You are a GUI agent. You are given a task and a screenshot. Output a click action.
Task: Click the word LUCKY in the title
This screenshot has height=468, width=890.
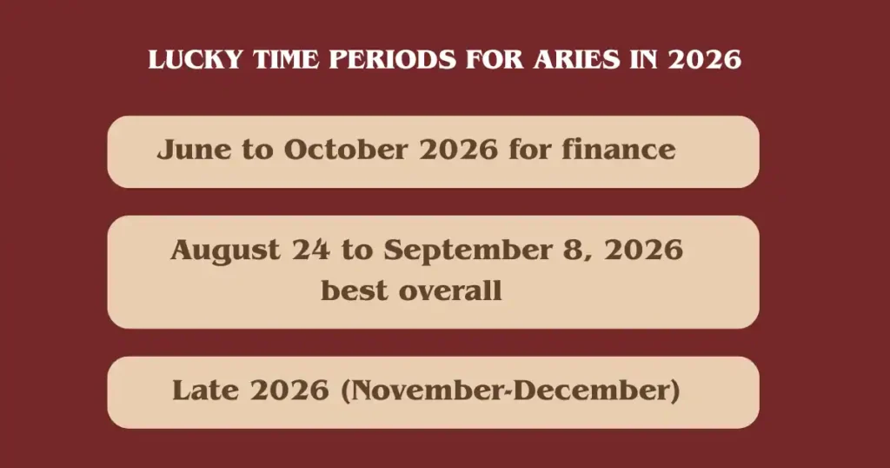click(x=196, y=60)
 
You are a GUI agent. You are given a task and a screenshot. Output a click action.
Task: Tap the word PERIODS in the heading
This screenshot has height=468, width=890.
click(x=392, y=60)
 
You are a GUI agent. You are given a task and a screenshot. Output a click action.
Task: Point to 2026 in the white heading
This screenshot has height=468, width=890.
click(x=704, y=60)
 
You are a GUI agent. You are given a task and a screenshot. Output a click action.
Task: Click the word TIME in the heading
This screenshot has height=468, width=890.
click(x=286, y=60)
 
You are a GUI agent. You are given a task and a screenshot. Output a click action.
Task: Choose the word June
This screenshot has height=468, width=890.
click(x=194, y=150)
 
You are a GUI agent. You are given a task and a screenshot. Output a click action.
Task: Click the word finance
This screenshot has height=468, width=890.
click(x=619, y=150)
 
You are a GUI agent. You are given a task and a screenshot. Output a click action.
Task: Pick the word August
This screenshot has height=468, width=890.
click(x=225, y=251)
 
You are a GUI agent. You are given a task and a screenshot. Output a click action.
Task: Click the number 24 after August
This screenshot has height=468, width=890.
click(x=310, y=250)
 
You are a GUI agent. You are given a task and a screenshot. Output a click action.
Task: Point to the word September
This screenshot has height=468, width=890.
click(x=467, y=251)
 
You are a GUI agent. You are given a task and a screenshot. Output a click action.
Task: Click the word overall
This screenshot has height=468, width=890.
click(x=450, y=291)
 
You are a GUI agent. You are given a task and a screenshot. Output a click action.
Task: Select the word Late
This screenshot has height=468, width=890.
click(x=205, y=391)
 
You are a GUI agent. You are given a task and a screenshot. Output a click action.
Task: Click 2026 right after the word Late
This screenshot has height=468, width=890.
click(x=289, y=391)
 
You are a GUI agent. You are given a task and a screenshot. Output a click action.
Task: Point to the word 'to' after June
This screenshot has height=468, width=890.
click(x=257, y=150)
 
